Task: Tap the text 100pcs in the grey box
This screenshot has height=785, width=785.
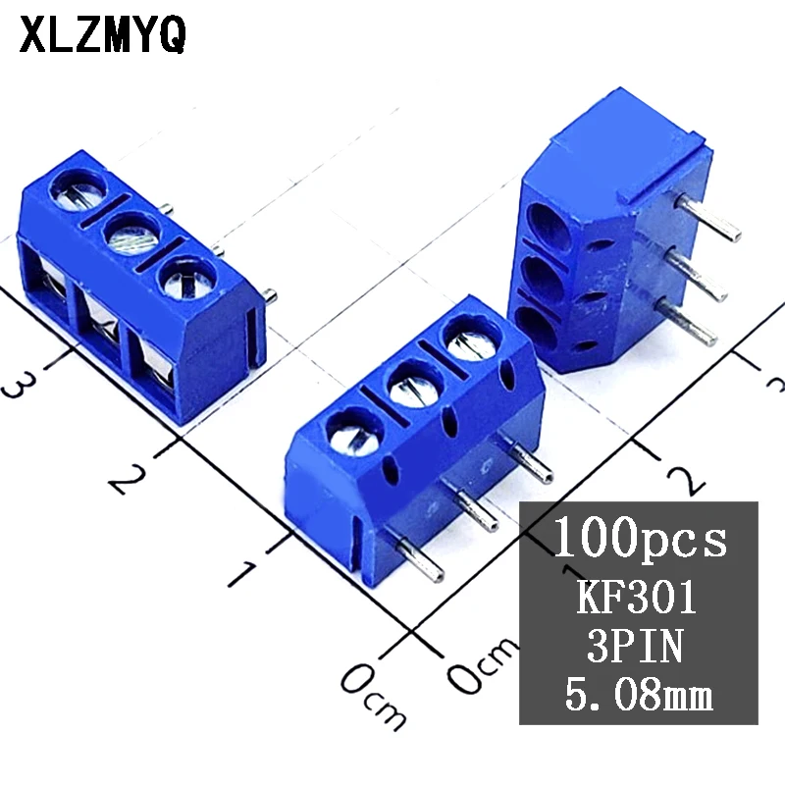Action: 642,538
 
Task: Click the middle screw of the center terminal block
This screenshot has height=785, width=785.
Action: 411,384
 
